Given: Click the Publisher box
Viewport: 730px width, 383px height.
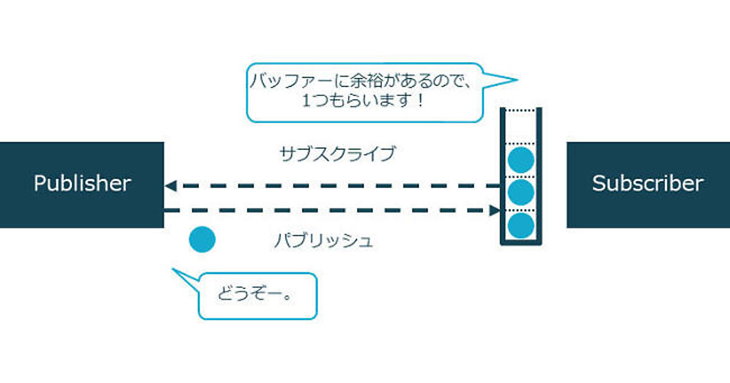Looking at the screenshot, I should click(82, 185).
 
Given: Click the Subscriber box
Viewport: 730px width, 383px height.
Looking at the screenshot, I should click(648, 185).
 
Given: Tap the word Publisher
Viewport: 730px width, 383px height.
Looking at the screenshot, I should click(82, 183).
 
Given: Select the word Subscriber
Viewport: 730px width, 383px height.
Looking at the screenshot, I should click(648, 183).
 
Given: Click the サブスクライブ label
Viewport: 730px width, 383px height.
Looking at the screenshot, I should click(337, 154).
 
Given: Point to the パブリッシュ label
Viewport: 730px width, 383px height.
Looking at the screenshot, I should click(323, 241).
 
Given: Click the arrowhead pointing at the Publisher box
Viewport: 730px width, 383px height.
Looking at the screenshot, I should click(171, 185).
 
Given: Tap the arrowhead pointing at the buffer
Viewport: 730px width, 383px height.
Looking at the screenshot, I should click(495, 210).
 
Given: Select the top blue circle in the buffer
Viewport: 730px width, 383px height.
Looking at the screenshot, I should click(521, 159).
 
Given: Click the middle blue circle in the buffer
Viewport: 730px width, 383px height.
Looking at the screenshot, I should click(521, 193).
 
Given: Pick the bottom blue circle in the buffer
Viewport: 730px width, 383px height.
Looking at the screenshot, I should click(521, 226).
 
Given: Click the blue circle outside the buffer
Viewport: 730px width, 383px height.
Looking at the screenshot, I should click(202, 240).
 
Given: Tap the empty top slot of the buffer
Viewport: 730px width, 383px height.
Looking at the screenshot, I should click(521, 126).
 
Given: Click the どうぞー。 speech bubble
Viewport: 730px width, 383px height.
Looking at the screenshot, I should click(257, 296).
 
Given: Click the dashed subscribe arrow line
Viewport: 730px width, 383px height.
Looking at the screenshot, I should click(335, 185).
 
